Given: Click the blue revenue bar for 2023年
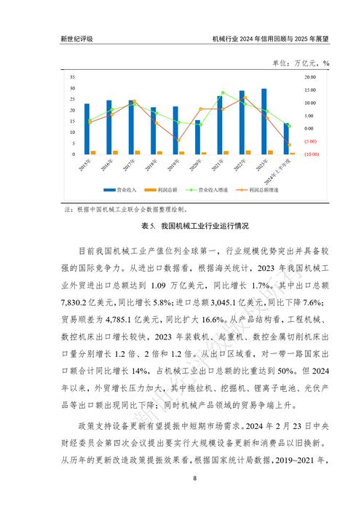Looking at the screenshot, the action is click(264, 121).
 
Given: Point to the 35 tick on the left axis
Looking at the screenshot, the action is click(72, 77).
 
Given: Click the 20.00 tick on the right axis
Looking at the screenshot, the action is click(309, 77).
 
